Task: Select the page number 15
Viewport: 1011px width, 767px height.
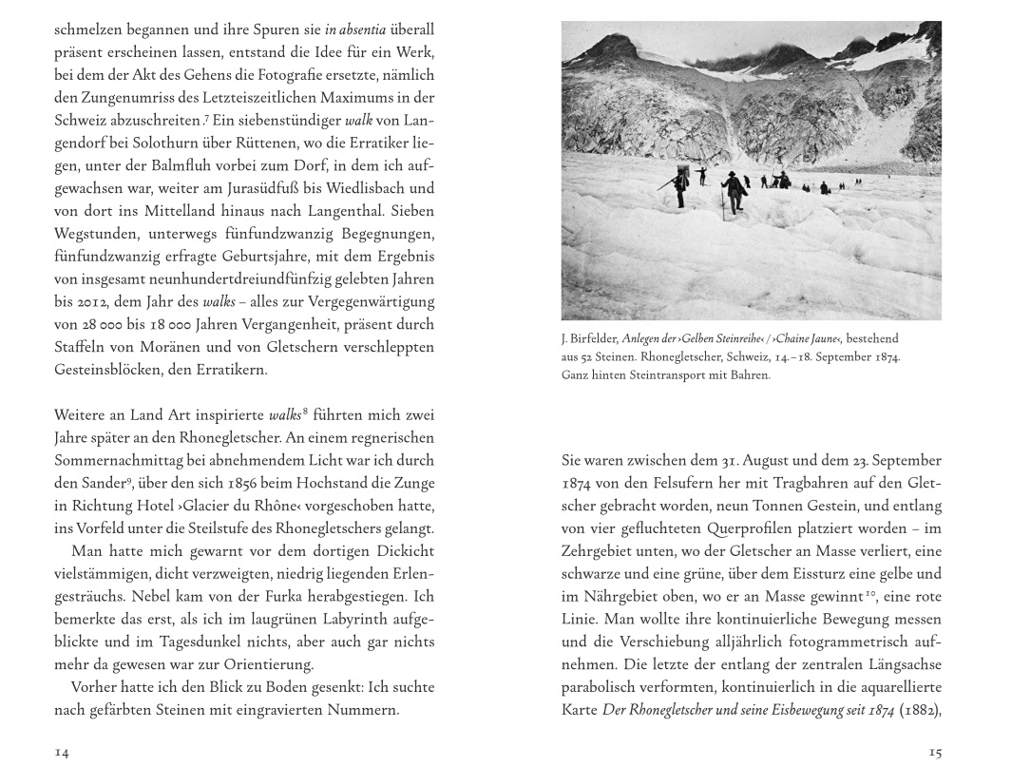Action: pyautogui.click(x=935, y=752)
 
